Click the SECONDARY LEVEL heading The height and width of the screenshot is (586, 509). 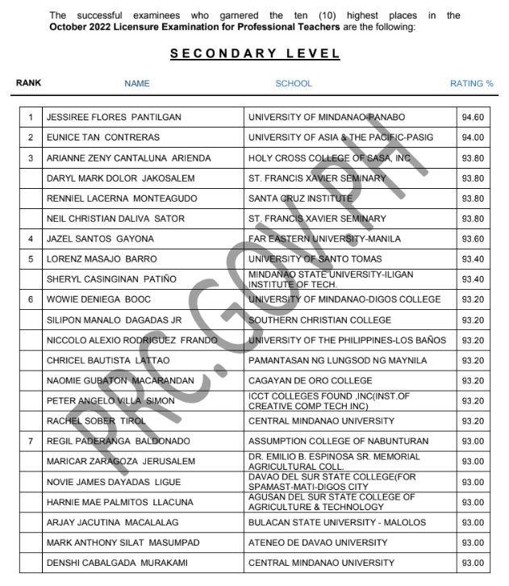255,54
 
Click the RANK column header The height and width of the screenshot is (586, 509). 28,82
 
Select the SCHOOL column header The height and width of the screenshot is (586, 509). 294,83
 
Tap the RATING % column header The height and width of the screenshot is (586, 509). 472,83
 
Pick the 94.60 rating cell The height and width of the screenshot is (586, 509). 473,117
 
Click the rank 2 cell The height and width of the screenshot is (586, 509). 31,137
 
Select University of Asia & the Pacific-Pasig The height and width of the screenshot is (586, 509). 340,137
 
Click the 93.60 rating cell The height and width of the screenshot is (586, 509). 473,239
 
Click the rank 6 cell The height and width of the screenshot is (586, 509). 31,299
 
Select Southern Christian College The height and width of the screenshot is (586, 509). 319,320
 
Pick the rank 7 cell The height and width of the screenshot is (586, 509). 31,442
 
